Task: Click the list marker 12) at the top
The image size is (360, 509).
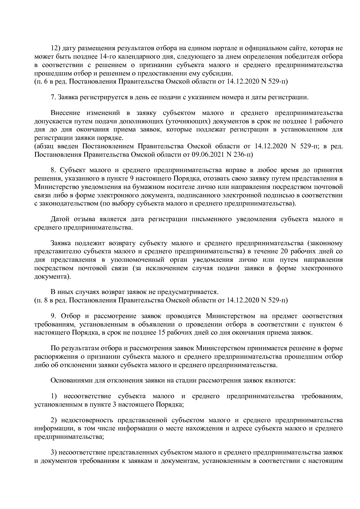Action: pos(55,48)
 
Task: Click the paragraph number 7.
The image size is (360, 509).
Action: pos(53,97)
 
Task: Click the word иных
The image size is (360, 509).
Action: pos(68,292)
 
